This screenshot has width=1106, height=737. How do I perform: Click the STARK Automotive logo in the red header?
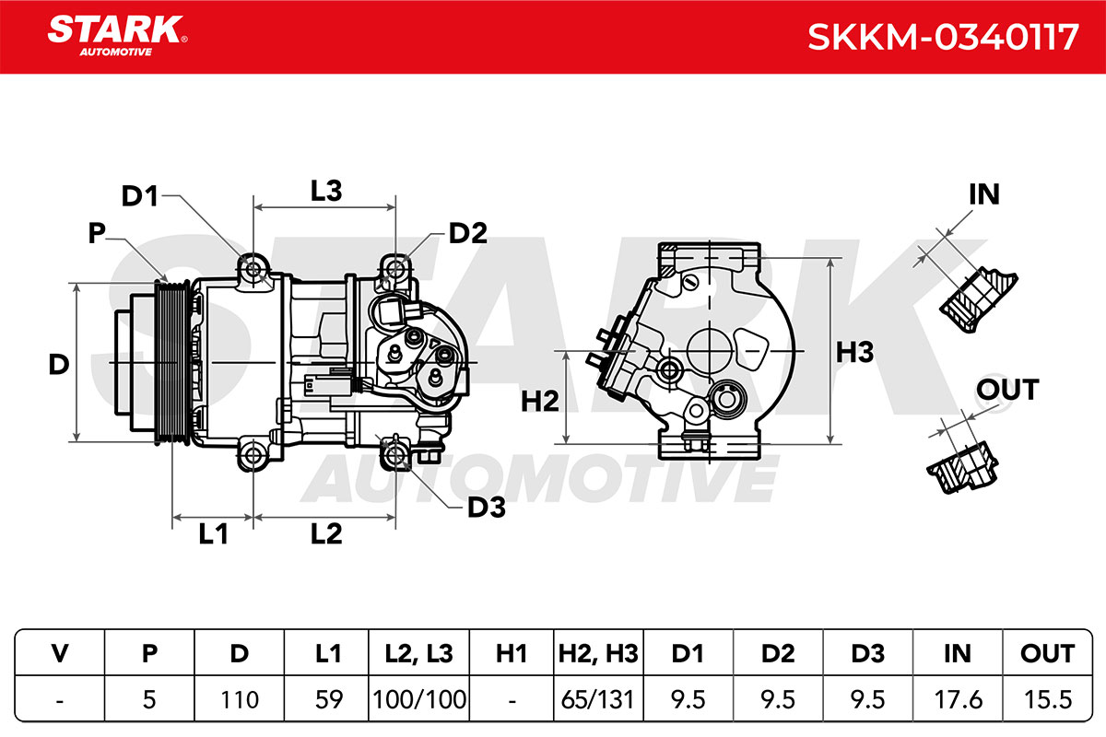(117, 36)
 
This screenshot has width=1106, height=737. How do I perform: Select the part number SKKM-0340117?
(943, 37)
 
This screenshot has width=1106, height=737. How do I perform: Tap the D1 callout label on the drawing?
(140, 196)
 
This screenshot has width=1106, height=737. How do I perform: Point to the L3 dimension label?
(326, 191)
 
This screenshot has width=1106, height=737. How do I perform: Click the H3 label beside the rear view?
(854, 352)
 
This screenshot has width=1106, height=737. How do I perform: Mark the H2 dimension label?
(540, 401)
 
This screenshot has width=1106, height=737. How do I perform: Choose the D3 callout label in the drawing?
(487, 508)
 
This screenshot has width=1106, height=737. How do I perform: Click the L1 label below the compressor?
(213, 533)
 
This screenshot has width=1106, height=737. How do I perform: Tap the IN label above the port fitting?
(984, 194)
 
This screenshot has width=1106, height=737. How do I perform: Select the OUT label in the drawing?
(1007, 390)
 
